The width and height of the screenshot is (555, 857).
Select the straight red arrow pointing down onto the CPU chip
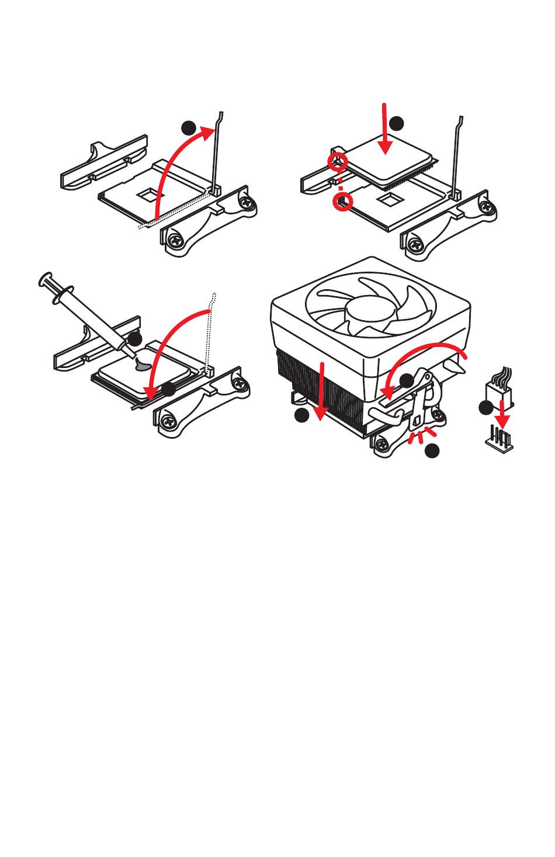384,129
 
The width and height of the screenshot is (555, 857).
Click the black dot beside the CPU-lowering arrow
397,123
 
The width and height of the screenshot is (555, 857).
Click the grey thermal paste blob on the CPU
142,365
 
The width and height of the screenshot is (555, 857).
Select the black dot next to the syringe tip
136,339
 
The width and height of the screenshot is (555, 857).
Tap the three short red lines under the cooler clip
422,436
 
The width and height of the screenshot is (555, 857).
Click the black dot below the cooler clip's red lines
432,450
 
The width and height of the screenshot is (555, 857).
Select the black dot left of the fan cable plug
485,408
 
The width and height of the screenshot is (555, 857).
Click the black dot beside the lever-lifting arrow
188,129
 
